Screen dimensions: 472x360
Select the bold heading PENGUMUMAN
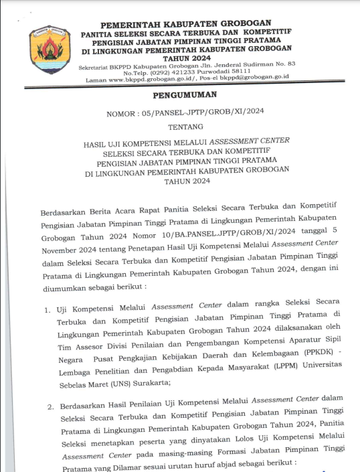pos(180,95)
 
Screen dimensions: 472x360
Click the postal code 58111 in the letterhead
pos(238,70)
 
